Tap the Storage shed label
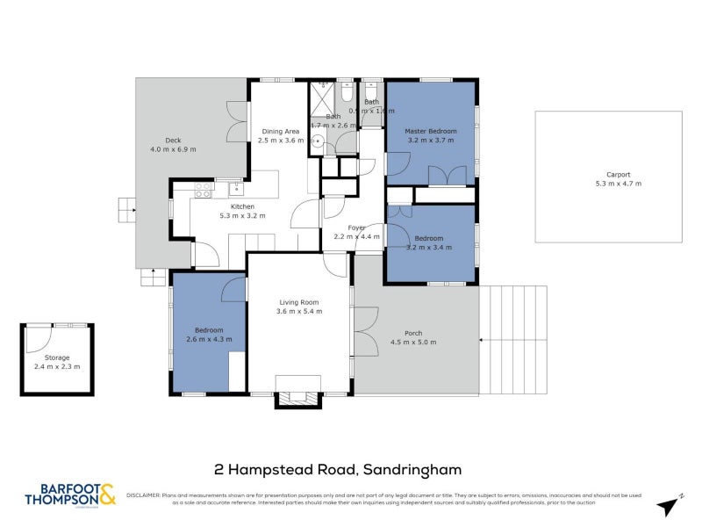(56, 357)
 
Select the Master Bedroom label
(431, 131)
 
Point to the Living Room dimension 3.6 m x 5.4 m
(299, 311)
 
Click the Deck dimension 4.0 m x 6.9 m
(173, 149)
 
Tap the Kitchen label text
(242, 206)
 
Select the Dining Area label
(281, 132)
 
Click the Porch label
(412, 333)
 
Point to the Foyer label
(356, 227)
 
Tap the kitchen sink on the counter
(235, 187)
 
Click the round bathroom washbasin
(321, 146)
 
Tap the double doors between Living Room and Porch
(365, 330)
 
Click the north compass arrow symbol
(671, 503)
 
